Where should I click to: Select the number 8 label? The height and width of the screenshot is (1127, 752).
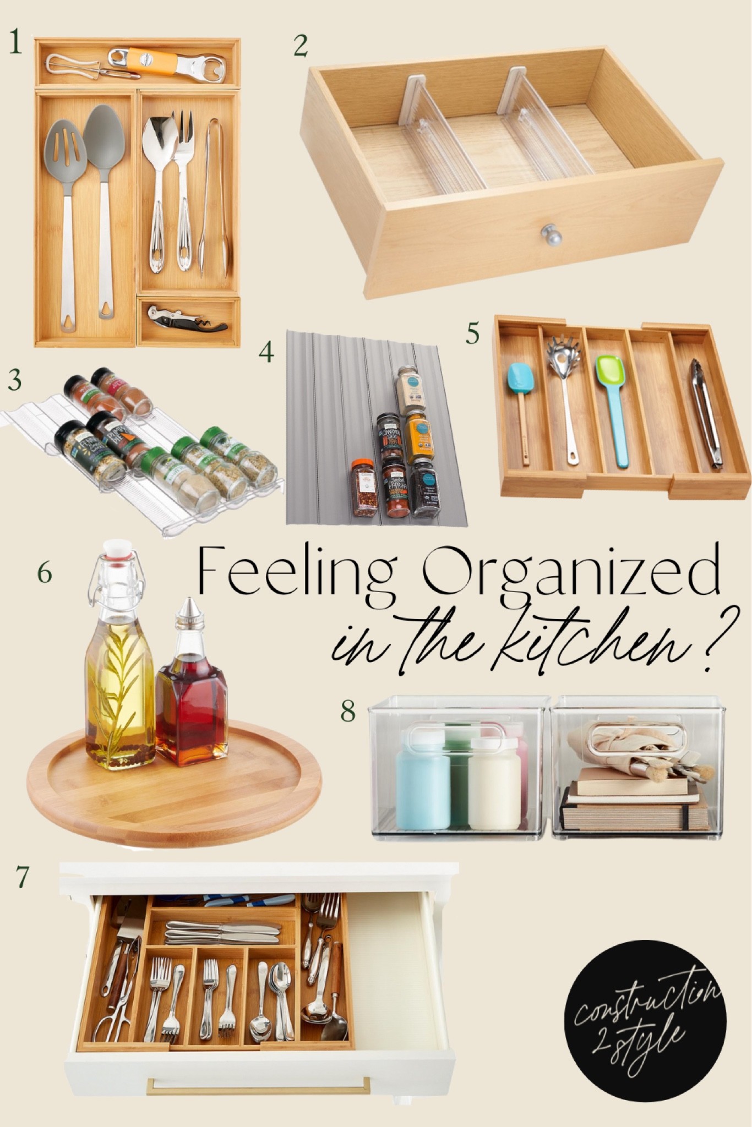click(348, 711)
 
